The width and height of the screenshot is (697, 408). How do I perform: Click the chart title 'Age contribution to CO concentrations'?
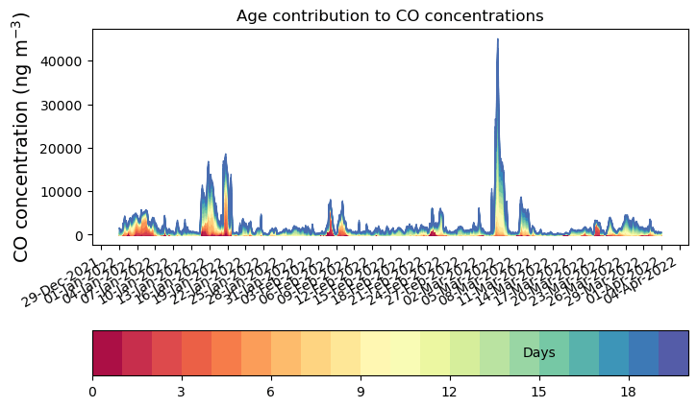(x=389, y=15)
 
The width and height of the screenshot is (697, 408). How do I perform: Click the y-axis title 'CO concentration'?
(x=21, y=136)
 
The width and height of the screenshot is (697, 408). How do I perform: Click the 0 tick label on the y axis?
(x=82, y=235)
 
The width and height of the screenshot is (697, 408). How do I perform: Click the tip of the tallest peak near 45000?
(x=497, y=40)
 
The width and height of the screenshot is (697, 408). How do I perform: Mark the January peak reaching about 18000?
(x=226, y=155)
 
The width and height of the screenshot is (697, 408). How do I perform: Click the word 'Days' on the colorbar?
(x=538, y=353)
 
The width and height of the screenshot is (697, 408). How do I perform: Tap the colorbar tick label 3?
(x=182, y=392)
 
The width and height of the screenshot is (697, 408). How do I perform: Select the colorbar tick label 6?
(x=271, y=392)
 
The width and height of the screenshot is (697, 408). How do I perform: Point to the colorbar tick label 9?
(x=361, y=392)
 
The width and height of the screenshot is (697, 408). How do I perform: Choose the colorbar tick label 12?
(x=450, y=392)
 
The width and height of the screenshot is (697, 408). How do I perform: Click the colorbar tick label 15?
(x=539, y=392)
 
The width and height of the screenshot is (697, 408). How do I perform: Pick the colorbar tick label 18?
(x=629, y=392)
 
